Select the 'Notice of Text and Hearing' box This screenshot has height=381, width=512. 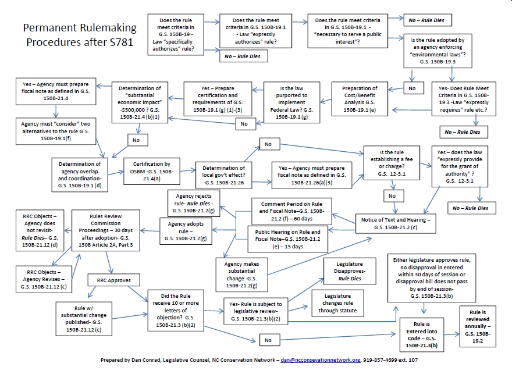396,223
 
